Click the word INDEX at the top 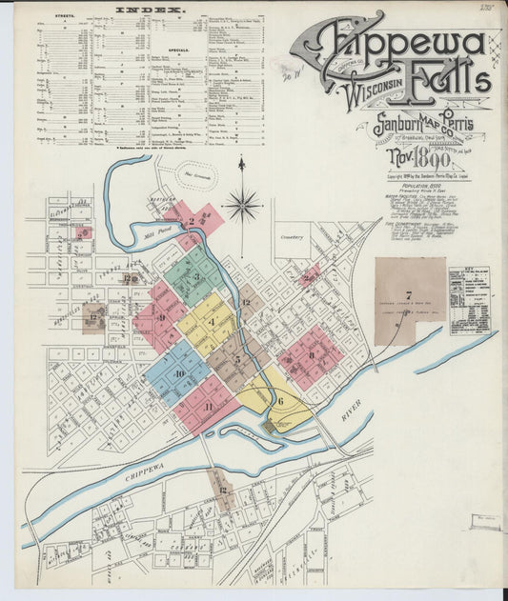pos(151,10)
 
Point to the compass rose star pos(243,203)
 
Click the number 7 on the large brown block pos(408,295)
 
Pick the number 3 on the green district pos(196,277)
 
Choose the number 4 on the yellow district pos(212,323)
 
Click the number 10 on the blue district pos(179,373)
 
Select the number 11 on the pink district pos(208,407)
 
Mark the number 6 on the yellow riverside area pos(280,402)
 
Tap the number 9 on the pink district pos(161,318)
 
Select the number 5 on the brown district pos(237,359)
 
